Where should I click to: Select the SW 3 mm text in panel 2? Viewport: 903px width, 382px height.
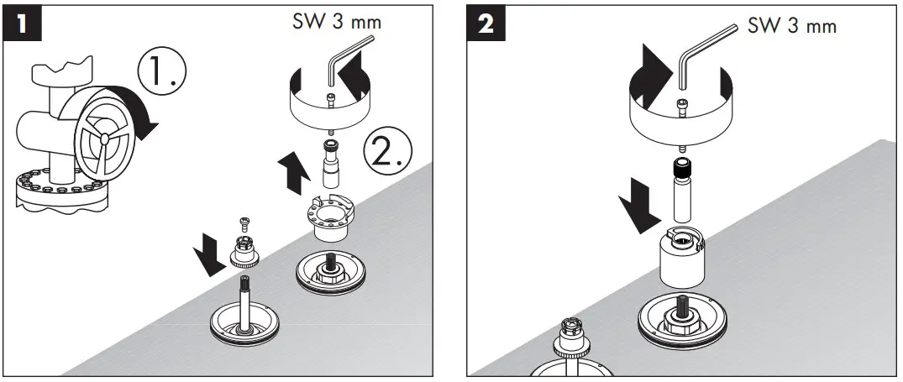792,25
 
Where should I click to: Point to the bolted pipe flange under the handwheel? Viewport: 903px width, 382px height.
59,190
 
